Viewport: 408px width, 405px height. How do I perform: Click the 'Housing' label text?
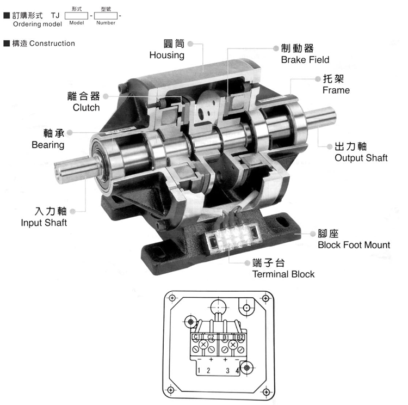167,55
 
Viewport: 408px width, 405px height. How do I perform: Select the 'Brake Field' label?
305,60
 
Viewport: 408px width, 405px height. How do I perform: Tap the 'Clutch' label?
86,107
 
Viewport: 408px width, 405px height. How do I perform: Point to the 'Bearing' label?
48,145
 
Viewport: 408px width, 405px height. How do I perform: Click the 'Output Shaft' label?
361,158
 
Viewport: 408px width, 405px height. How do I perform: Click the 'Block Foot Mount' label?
354,245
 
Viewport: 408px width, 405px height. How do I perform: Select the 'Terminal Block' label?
283,274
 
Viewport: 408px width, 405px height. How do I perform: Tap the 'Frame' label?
336,90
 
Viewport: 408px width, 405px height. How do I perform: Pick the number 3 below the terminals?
227,371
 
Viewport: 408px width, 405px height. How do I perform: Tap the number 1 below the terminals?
199,371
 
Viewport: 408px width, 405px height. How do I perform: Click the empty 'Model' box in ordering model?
76,16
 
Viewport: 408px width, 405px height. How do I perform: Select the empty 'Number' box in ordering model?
106,16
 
